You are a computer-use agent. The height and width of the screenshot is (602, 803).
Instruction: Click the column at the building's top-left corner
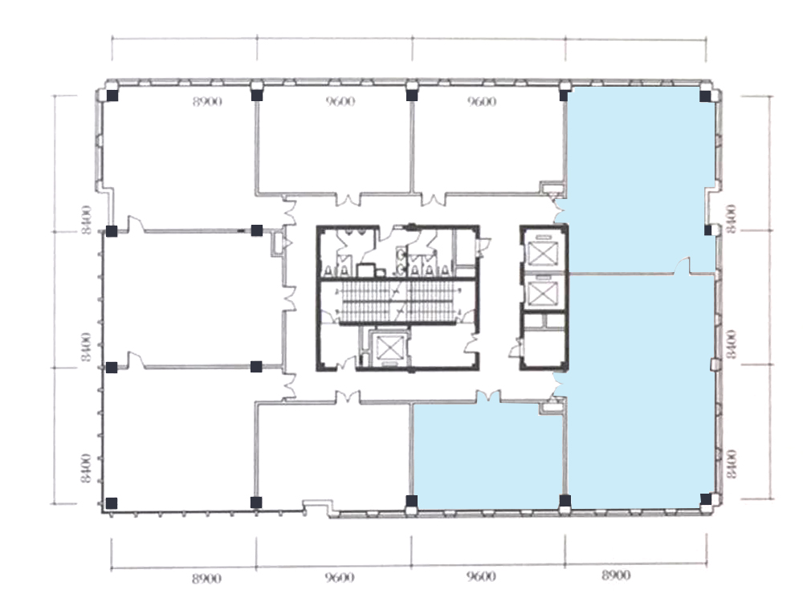[112, 96]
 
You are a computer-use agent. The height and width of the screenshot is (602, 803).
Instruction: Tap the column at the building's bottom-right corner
[706, 499]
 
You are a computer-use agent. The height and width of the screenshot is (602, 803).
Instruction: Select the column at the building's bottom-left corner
[111, 503]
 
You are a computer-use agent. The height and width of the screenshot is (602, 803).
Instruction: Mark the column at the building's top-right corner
[705, 96]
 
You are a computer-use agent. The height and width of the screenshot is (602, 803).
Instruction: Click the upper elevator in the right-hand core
[542, 253]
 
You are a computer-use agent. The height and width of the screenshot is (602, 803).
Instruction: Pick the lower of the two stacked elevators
[542, 294]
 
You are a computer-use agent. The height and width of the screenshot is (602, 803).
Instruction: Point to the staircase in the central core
[398, 303]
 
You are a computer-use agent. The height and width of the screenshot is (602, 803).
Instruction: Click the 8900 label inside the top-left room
[207, 101]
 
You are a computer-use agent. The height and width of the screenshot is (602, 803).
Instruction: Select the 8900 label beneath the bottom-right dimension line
[616, 576]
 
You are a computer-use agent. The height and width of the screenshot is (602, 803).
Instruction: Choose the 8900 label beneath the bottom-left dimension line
[207, 579]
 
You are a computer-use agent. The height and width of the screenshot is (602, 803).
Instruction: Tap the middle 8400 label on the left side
[87, 347]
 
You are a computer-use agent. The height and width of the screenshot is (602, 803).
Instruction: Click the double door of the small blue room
[488, 397]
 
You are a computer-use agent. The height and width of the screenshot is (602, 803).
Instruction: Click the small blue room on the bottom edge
[488, 456]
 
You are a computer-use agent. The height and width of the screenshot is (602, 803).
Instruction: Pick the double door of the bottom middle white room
[348, 397]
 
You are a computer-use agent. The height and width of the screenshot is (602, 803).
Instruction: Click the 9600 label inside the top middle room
[340, 101]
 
